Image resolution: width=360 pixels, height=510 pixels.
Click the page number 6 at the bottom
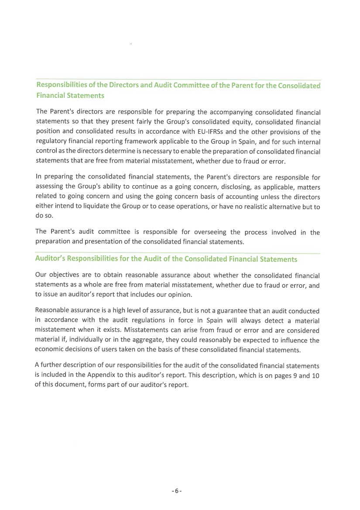(176, 491)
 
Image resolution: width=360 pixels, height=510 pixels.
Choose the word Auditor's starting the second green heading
(51, 258)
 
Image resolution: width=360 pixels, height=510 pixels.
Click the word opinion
(179, 295)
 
